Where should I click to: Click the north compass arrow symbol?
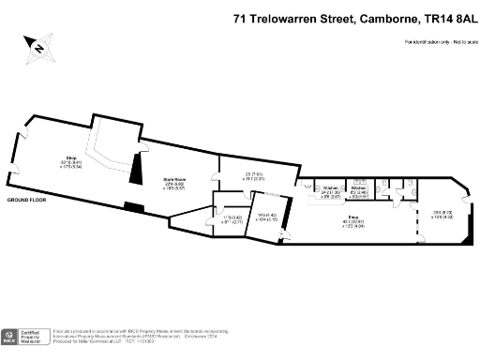tap(38, 44)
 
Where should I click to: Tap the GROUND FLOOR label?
tap(27, 201)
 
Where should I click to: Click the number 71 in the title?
tap(241, 18)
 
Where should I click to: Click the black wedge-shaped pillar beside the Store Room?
tap(135, 170)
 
